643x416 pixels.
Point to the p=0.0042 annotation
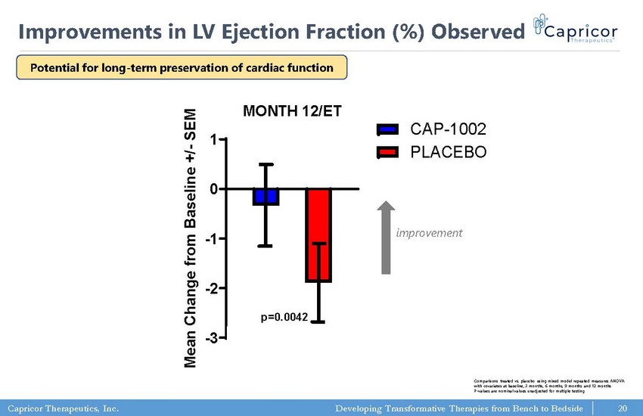pyautogui.click(x=284, y=317)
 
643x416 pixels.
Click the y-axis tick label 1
pyautogui.click(x=215, y=140)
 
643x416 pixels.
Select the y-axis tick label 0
pyautogui.click(x=215, y=188)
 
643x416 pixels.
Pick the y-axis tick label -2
pyautogui.click(x=213, y=288)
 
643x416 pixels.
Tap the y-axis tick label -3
pyautogui.click(x=213, y=337)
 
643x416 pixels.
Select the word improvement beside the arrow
pyautogui.click(x=429, y=233)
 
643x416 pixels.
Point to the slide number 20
pyautogui.click(x=623, y=408)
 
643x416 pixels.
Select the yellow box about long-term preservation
pyautogui.click(x=182, y=67)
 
